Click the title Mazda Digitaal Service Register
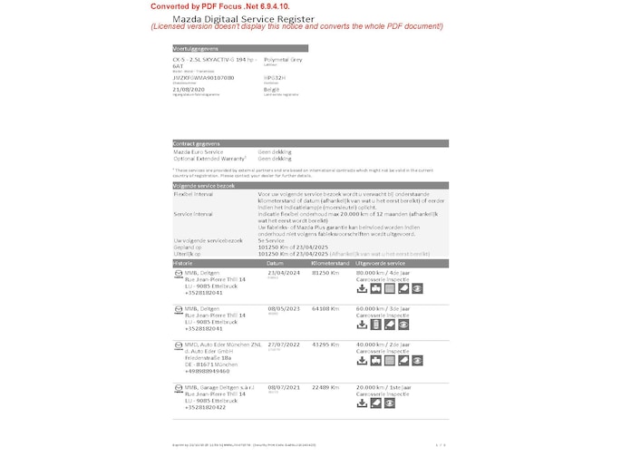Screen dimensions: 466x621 [x=244, y=18]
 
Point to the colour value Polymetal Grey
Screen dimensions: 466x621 [x=283, y=59]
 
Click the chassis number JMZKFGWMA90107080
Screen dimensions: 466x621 [x=203, y=78]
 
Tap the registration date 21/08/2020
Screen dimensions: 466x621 [x=189, y=91]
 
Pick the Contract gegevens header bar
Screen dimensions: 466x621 [x=196, y=143]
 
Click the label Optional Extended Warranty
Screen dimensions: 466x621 [x=208, y=158]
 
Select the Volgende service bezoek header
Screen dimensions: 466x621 [x=204, y=184]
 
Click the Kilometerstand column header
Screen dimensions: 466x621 [x=330, y=262]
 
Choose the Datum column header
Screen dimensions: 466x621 [x=276, y=262]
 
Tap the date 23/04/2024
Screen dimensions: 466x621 [x=283, y=272]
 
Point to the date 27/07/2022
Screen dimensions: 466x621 [x=283, y=344]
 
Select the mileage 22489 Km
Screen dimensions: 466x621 [x=325, y=387]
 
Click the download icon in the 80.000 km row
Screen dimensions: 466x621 [x=363, y=288]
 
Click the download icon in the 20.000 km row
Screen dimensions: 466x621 [x=363, y=403]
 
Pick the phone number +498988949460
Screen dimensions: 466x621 [x=207, y=371]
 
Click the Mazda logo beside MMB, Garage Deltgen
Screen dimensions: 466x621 [x=178, y=387]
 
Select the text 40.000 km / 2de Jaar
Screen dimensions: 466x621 [x=385, y=344]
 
